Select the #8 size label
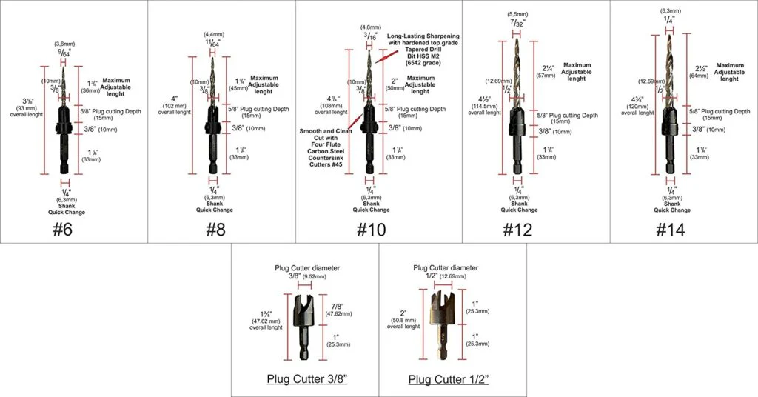click(215, 229)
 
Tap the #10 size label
click(369, 229)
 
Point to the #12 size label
click(518, 229)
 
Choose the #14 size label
click(669, 229)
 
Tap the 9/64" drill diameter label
click(65, 52)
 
